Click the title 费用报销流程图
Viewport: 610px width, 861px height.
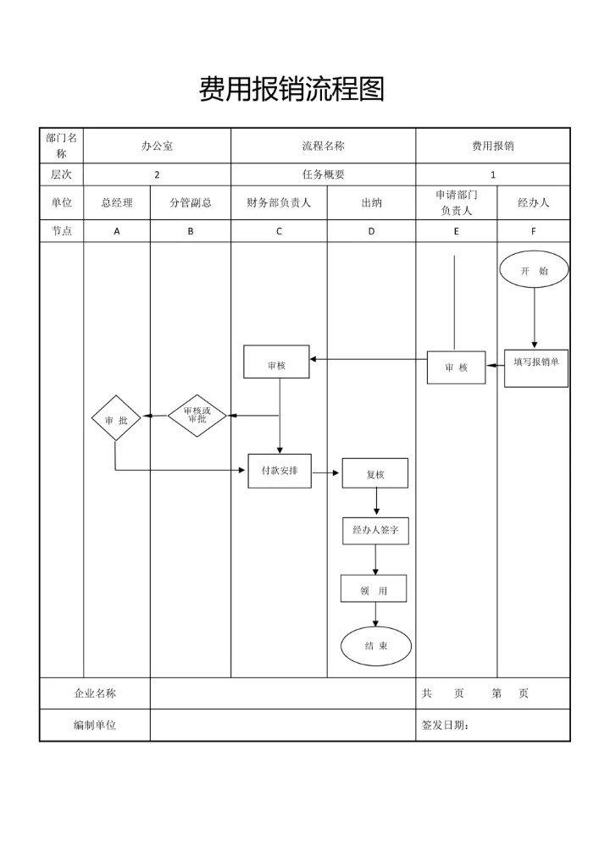click(x=291, y=89)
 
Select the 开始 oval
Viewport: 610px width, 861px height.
click(x=534, y=270)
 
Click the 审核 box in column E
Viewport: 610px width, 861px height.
click(x=456, y=367)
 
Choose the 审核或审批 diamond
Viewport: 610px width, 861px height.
click(x=197, y=416)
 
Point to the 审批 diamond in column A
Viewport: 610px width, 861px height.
click(x=116, y=418)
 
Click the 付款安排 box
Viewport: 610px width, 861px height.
click(x=280, y=471)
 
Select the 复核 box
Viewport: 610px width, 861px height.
click(x=374, y=473)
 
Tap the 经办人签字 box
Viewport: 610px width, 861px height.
click(x=375, y=531)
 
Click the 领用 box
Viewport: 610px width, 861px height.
click(x=374, y=588)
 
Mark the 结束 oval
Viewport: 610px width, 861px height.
click(x=376, y=646)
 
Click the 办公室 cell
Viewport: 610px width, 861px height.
click(x=157, y=146)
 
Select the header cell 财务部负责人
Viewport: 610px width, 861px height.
click(x=279, y=203)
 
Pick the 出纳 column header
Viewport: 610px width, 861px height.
click(x=371, y=203)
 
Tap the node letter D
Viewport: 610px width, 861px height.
click(x=371, y=231)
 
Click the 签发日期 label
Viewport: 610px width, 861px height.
click(x=446, y=725)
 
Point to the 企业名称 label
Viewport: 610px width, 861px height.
click(x=95, y=693)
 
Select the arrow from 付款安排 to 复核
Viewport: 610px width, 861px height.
click(x=326, y=472)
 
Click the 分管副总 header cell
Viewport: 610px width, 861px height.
click(x=191, y=203)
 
